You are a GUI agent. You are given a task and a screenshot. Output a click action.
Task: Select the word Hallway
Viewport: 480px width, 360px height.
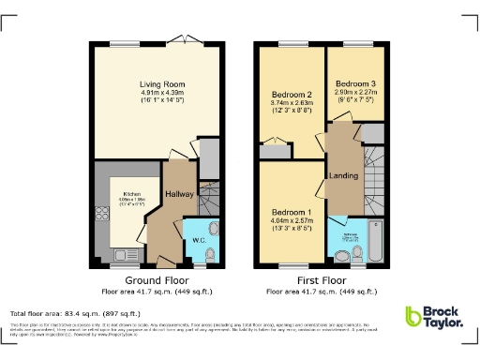tap(178, 194)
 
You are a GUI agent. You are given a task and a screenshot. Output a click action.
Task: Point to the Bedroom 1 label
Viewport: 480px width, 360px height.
tap(292, 212)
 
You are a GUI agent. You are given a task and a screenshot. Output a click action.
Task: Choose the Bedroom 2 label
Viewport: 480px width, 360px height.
tap(292, 95)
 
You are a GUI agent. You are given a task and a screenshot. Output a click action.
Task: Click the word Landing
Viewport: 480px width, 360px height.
tap(340, 175)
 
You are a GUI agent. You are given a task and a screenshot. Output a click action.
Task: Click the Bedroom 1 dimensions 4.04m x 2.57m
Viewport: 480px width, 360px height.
tap(292, 221)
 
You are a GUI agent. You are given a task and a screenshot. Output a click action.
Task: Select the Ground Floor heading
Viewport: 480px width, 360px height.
tap(150, 280)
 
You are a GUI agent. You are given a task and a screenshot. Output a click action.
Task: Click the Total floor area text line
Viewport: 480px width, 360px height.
tap(75, 313)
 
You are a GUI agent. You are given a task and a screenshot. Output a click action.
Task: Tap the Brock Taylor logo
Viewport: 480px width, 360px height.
tap(433, 318)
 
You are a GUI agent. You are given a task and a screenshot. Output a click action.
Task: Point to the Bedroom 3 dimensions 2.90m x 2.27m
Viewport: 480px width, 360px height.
tap(354, 94)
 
